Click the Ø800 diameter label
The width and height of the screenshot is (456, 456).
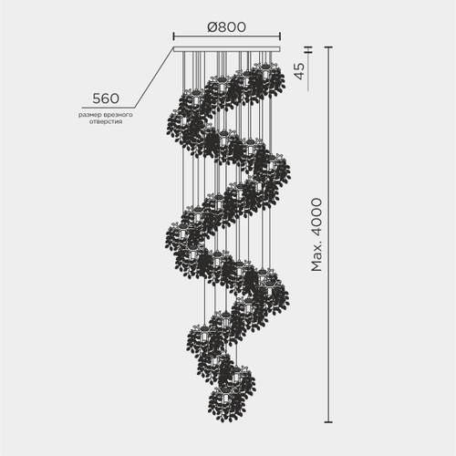(226, 27)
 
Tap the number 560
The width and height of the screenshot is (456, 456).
(106, 98)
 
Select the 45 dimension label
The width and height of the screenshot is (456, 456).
(299, 71)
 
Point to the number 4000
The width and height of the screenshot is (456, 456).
(316, 218)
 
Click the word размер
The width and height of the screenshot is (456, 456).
(90, 115)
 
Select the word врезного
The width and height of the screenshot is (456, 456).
(119, 115)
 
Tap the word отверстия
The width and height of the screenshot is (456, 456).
(106, 122)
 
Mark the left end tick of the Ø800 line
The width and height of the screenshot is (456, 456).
(173, 36)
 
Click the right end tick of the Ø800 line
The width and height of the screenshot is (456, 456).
(280, 36)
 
